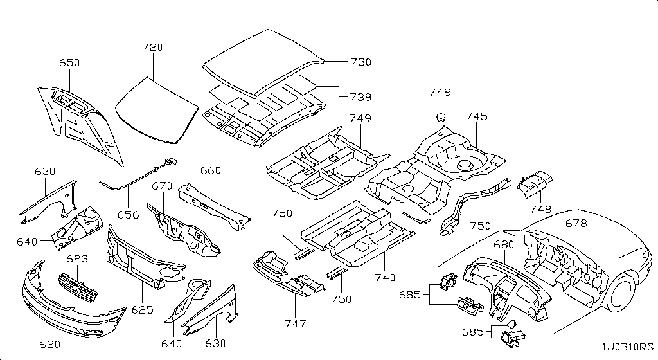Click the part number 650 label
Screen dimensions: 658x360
click(x=69, y=63)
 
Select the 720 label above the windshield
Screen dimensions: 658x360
click(x=152, y=47)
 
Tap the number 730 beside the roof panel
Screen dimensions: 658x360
click(x=361, y=62)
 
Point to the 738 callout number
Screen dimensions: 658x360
click(x=361, y=97)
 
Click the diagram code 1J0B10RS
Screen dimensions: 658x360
click(x=628, y=347)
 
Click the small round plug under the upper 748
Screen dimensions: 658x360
click(x=440, y=116)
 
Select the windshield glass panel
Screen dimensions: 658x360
click(x=157, y=110)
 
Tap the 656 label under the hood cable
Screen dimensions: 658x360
click(x=129, y=215)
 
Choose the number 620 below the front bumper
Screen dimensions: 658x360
click(x=49, y=344)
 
